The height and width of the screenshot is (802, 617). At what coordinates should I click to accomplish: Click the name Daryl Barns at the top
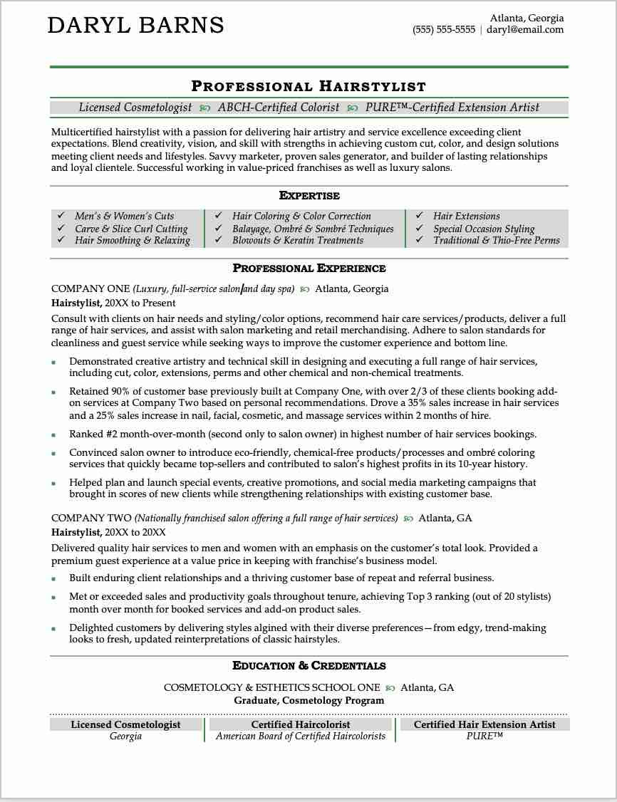[x=135, y=26]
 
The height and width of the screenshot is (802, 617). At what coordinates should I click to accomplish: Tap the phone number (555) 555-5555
[x=443, y=30]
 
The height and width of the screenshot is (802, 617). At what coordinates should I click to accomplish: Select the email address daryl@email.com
[x=525, y=30]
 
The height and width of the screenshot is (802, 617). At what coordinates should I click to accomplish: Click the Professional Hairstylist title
[x=308, y=87]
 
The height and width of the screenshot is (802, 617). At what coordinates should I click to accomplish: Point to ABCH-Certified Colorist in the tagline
[x=279, y=108]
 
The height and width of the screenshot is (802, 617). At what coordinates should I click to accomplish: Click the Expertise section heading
[x=309, y=196]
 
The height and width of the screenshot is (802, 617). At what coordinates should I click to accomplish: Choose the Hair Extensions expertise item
[x=467, y=216]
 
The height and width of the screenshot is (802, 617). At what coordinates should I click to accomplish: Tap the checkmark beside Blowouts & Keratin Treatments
[x=218, y=241]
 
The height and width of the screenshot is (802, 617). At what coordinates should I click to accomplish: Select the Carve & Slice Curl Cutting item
[x=131, y=229]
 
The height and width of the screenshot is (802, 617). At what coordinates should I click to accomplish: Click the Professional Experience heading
[x=309, y=269]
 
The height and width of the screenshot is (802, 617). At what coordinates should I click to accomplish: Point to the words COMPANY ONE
[x=90, y=289]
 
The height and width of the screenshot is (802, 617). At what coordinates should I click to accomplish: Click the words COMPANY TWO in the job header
[x=91, y=519]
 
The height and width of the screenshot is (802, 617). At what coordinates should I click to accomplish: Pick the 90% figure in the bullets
[x=120, y=392]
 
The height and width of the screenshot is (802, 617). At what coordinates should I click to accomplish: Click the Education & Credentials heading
[x=309, y=666]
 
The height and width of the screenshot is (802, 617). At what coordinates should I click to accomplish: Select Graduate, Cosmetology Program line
[x=308, y=701]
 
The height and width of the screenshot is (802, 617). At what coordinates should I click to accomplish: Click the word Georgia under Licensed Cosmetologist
[x=125, y=736]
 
